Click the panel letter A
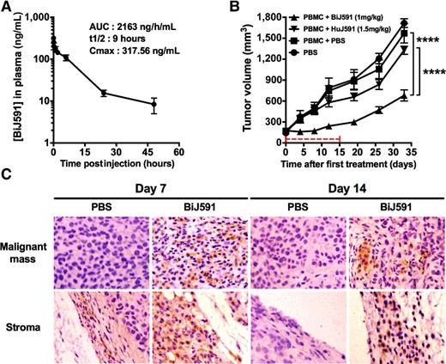tap(7, 8)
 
